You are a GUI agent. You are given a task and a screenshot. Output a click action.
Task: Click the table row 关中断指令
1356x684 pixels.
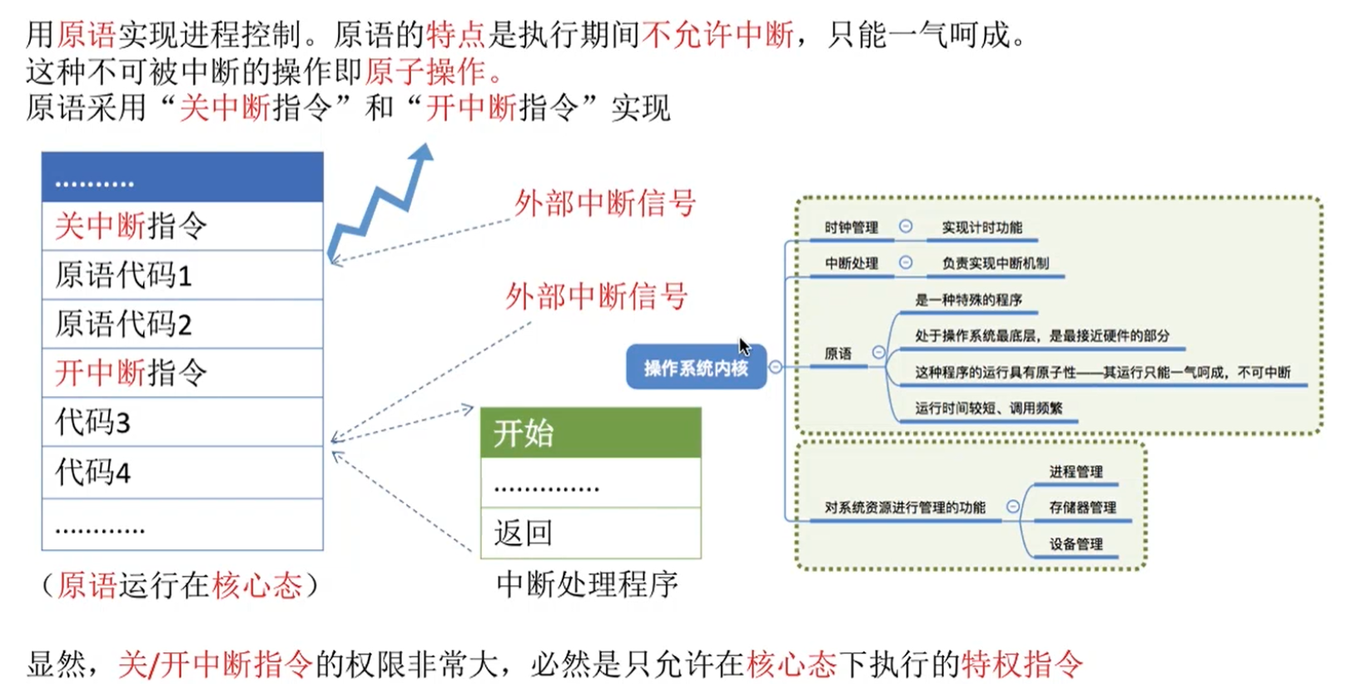pyautogui.click(x=181, y=226)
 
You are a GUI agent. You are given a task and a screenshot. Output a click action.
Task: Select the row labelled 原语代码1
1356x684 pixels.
pyautogui.click(x=181, y=275)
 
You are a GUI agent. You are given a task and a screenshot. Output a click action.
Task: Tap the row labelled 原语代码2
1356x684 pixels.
pyautogui.click(x=181, y=324)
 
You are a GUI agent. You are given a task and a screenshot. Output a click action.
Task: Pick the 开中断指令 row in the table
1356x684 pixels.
pyautogui.click(x=181, y=373)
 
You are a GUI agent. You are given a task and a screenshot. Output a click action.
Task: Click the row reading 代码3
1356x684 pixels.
pyautogui.click(x=181, y=422)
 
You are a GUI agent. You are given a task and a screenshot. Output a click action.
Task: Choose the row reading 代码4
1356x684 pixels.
pyautogui.click(x=181, y=472)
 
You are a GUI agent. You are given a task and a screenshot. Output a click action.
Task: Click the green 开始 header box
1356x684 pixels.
pyautogui.click(x=590, y=433)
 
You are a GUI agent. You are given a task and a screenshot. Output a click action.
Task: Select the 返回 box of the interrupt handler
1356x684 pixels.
pyautogui.click(x=590, y=533)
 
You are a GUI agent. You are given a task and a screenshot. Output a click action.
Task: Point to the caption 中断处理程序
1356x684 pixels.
pyautogui.click(x=587, y=584)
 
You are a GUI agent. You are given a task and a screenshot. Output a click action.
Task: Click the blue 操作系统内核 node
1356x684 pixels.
pyautogui.click(x=695, y=368)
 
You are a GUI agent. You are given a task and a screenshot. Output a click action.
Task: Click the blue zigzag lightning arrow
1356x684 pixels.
pyautogui.click(x=380, y=204)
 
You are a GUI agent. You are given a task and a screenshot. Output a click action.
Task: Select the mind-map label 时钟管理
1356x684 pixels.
pyautogui.click(x=851, y=227)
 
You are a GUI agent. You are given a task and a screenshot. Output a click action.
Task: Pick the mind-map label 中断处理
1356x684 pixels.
pyautogui.click(x=851, y=263)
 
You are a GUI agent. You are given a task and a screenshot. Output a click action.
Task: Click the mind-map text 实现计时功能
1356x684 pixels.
pyautogui.click(x=981, y=227)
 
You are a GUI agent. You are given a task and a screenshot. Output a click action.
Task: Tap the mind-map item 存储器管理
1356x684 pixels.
pyautogui.click(x=1082, y=507)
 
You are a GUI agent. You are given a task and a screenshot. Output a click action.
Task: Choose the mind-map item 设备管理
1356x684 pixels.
pyautogui.click(x=1075, y=543)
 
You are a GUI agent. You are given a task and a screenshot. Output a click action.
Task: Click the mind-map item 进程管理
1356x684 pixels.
pyautogui.click(x=1075, y=471)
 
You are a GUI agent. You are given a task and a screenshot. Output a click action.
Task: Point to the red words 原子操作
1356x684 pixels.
pyautogui.click(x=425, y=72)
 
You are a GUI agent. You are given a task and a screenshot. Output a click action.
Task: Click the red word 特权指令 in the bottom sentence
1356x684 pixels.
pyautogui.click(x=1021, y=663)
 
